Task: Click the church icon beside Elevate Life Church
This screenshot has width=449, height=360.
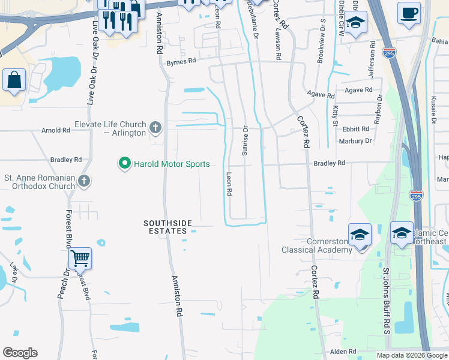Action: (x=155, y=128)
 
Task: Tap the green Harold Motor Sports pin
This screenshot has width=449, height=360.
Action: (x=124, y=164)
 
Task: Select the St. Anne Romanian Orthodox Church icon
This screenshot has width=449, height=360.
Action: (x=84, y=181)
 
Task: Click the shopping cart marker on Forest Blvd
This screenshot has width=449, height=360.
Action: (x=80, y=258)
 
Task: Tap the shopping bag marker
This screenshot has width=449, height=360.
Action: (x=14, y=80)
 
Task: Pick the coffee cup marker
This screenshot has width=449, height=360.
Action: (x=409, y=13)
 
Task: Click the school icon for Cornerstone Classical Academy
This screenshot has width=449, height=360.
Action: (x=360, y=234)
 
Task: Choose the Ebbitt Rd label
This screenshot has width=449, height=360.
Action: (x=356, y=129)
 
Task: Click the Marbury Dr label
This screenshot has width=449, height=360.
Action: (x=355, y=141)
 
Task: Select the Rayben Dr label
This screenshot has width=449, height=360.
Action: (x=378, y=109)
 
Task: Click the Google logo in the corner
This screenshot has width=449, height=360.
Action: (x=20, y=353)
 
